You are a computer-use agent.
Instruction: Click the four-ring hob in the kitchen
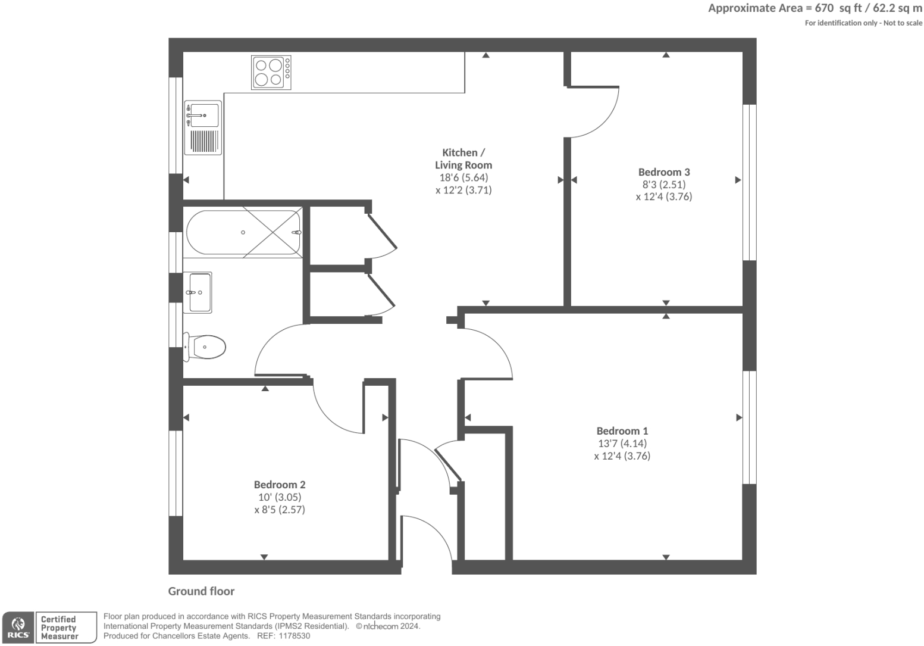(271, 73)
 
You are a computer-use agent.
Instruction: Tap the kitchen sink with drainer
(202, 127)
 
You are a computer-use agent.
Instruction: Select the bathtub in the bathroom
(244, 232)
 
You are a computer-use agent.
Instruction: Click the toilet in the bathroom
(205, 347)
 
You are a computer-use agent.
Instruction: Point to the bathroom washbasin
(200, 292)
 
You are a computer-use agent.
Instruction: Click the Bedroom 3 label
(664, 172)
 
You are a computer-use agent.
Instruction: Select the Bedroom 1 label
(622, 430)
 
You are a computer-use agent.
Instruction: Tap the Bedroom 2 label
(280, 485)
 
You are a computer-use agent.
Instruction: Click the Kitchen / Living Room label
(463, 159)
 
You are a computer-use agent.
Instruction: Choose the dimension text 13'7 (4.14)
(622, 444)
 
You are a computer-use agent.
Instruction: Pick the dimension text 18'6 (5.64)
(463, 177)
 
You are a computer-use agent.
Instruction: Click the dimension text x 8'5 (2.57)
(280, 510)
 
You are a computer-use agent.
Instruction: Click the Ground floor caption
(201, 591)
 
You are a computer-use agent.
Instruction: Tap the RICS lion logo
(18, 627)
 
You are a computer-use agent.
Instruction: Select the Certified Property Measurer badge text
(59, 628)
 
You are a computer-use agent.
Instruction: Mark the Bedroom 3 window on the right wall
(750, 182)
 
